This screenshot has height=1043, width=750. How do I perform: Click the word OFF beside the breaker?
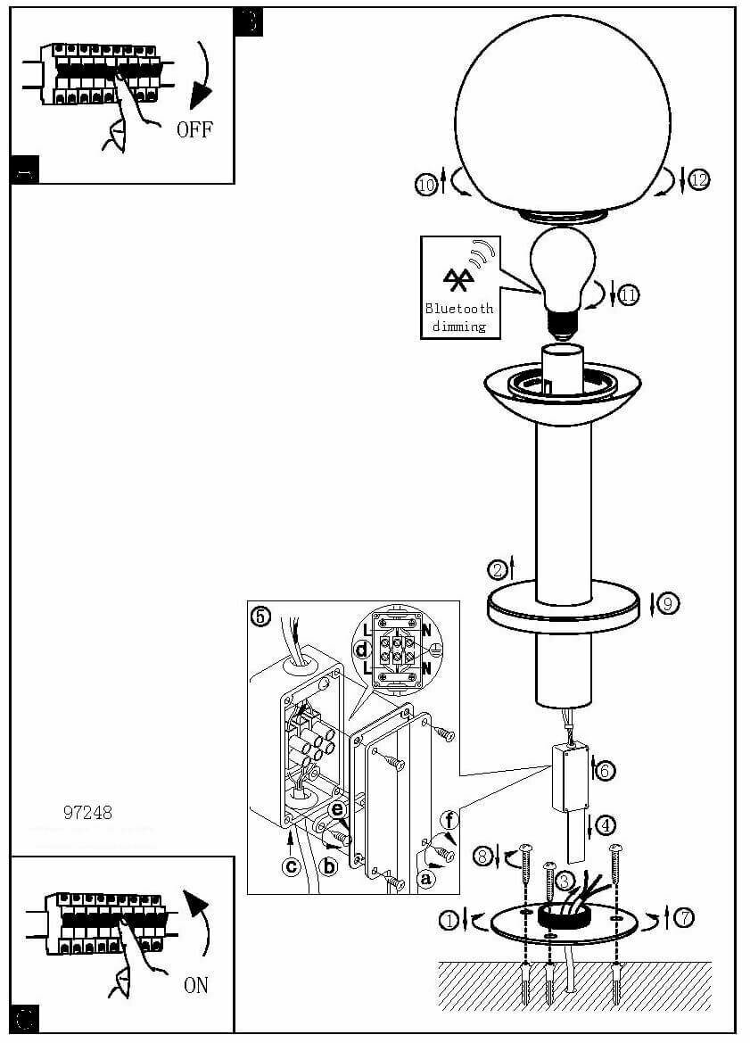[x=194, y=129]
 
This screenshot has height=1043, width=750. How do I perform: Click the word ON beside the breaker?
[x=196, y=985]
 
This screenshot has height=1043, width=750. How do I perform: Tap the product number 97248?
[x=88, y=812]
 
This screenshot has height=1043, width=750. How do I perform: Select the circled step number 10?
[x=426, y=185]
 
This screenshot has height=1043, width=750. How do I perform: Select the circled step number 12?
[x=698, y=180]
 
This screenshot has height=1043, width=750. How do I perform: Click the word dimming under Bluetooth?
[x=459, y=326]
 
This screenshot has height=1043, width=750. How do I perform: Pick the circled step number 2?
[x=498, y=568]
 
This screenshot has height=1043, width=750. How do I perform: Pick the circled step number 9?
[x=668, y=604]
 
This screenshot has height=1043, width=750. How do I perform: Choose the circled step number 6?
[x=606, y=771]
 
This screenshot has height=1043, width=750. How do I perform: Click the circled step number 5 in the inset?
[x=260, y=616]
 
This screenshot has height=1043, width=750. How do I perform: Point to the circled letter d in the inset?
[x=361, y=650]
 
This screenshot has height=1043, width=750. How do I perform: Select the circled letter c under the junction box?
[x=291, y=864]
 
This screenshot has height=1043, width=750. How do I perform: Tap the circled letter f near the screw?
[x=449, y=818]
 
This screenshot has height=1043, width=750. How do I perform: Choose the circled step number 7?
[x=684, y=916]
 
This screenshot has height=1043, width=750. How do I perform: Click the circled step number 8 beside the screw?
[x=482, y=857]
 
